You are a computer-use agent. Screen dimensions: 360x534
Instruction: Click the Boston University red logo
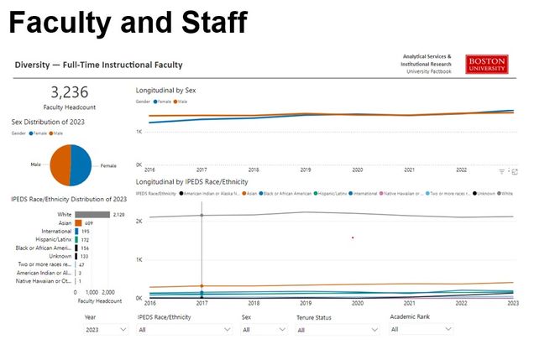[486, 65]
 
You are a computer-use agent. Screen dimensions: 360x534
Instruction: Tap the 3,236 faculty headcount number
[70, 93]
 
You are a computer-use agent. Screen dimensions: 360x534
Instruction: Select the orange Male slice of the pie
[60, 164]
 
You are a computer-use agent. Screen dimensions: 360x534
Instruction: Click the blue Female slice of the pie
[81, 164]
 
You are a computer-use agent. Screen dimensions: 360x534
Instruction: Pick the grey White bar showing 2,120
[92, 214]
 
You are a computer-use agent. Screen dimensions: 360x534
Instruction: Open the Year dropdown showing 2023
[106, 331]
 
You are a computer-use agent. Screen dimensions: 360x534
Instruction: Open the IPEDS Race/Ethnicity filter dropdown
[183, 331]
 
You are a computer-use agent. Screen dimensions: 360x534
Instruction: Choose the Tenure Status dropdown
[336, 331]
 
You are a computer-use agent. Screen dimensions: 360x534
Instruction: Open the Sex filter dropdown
[261, 331]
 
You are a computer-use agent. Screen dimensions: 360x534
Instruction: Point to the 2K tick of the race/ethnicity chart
[139, 220]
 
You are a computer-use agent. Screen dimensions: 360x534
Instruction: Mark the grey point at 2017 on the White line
[202, 216]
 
